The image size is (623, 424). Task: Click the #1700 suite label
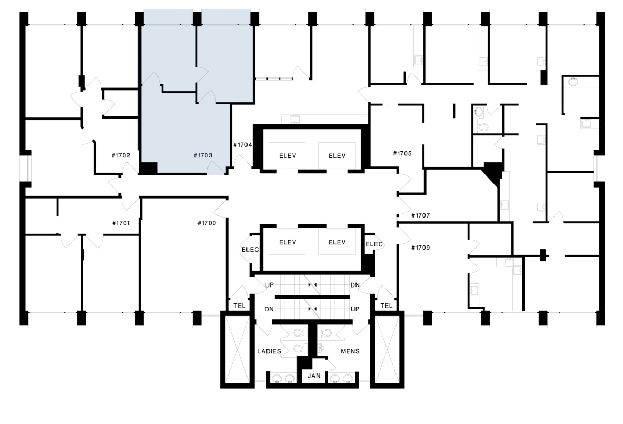coord(207,223)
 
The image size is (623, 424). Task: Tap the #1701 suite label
coord(121,223)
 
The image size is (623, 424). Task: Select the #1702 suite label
coord(121,155)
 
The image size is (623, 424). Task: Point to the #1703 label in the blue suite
coord(202,155)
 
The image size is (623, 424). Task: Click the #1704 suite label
coord(242,144)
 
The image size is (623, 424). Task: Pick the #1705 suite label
coord(402,154)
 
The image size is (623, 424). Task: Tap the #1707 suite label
coord(420,215)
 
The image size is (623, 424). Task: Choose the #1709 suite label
coord(420,247)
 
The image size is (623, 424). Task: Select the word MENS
coord(350,351)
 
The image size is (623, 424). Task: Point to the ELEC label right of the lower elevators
coord(374,244)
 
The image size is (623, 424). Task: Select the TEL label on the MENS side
coord(386,306)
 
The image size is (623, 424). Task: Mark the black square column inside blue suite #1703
coord(149,169)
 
